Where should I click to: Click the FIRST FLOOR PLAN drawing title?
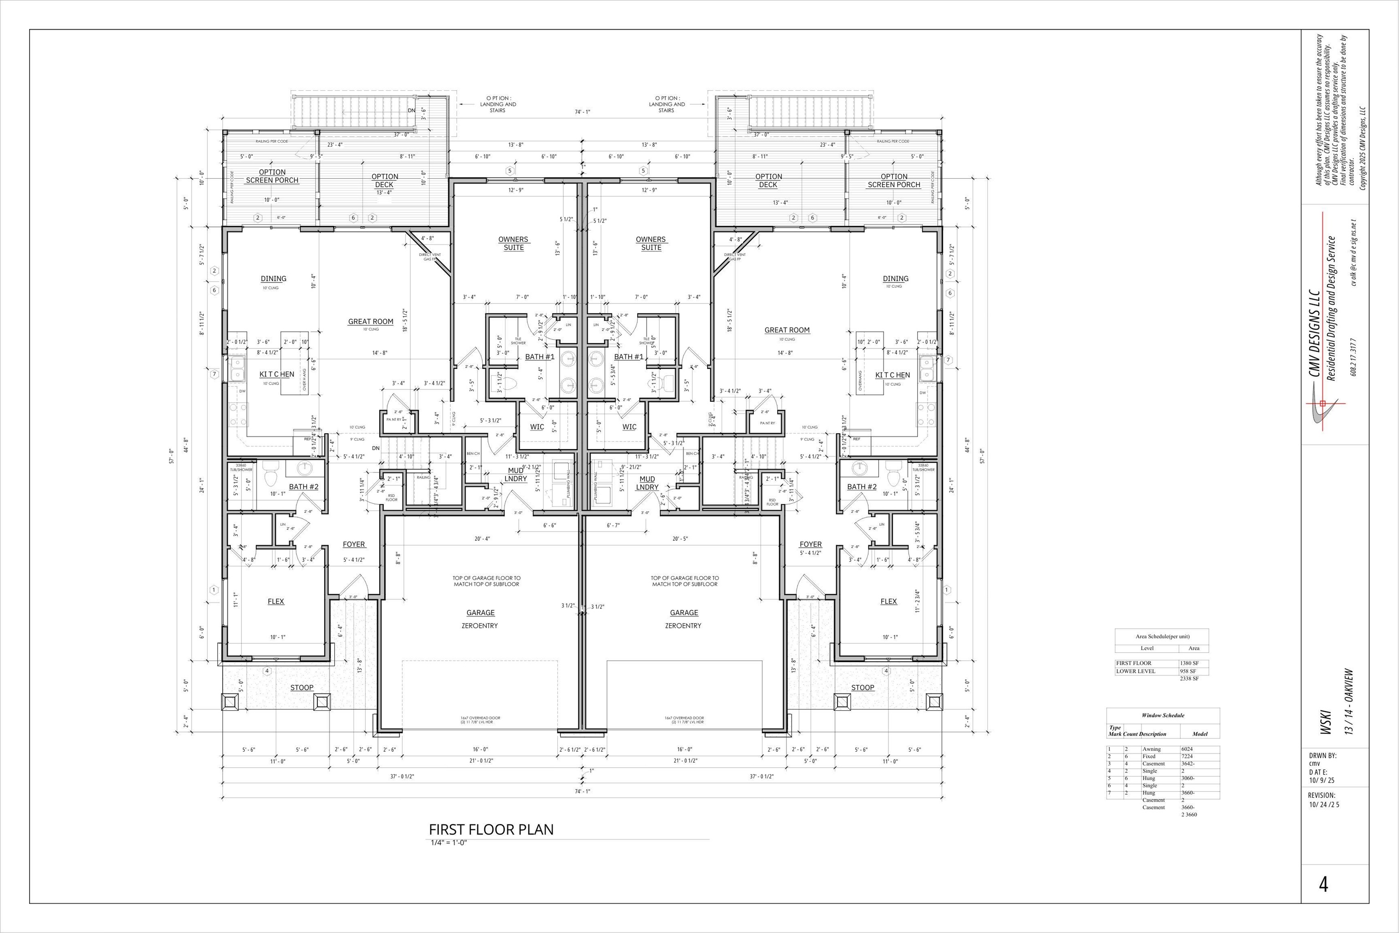click(x=491, y=830)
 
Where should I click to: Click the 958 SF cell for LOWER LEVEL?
click(x=1187, y=671)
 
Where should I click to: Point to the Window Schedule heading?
click(x=1162, y=715)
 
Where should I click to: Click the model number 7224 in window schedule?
click(x=1187, y=756)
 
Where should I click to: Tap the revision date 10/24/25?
click(x=1323, y=805)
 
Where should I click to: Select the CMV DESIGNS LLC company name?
click(x=1315, y=333)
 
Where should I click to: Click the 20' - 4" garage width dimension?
click(x=482, y=539)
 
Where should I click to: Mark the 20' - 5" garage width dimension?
click(x=680, y=539)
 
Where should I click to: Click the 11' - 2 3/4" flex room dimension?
click(x=918, y=601)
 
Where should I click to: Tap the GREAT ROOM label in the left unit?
click(x=371, y=321)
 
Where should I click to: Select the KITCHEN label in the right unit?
click(x=892, y=375)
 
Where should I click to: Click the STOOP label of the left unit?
click(x=301, y=687)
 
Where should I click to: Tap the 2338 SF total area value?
click(x=1189, y=678)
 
